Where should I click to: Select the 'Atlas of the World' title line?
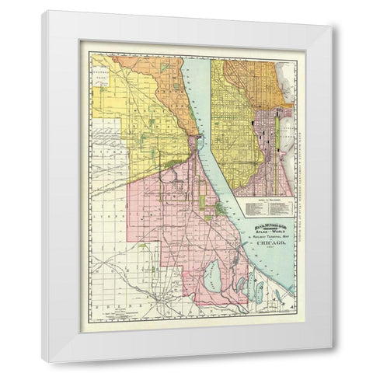[264, 228]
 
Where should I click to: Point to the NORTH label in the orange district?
[155, 85]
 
